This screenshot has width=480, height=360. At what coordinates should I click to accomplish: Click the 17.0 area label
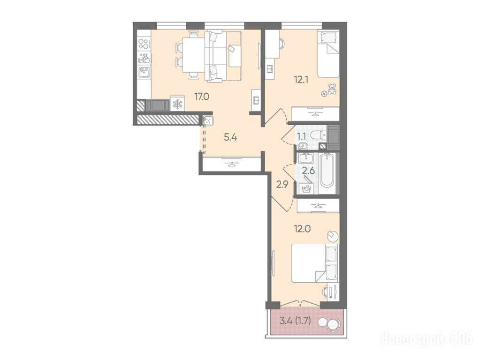202,97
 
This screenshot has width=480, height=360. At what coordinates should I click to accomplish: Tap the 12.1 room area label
301,80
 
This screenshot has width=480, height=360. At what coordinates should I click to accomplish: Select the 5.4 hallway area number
230,137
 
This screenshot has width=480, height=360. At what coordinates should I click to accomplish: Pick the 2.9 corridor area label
282,185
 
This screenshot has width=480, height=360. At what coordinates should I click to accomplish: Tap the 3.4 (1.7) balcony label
296,322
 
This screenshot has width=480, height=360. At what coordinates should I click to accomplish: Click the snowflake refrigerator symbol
177,105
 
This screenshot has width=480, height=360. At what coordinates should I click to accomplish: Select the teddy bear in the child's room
332,89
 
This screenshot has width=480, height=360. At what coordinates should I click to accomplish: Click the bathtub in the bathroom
327,173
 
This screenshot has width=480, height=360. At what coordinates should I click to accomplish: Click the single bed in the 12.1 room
328,54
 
